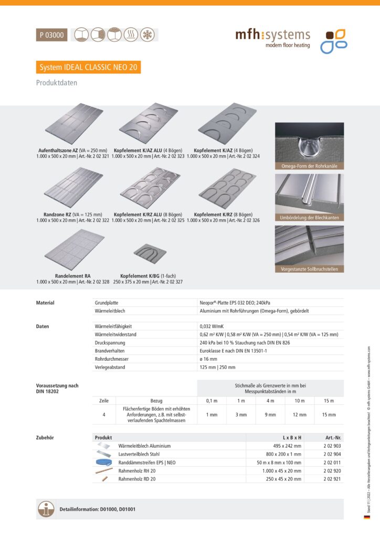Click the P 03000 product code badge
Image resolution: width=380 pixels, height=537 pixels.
click(x=51, y=35)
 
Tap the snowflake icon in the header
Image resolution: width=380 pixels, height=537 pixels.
click(x=149, y=35)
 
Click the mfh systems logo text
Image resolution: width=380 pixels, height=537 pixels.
click(x=272, y=36)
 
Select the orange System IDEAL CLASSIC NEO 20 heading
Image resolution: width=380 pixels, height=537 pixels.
click(x=88, y=67)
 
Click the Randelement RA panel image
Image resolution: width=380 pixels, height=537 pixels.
click(x=72, y=249)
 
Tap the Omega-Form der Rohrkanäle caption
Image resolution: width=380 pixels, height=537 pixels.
click(x=309, y=166)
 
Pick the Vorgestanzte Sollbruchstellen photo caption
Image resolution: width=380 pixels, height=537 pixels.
click(x=309, y=269)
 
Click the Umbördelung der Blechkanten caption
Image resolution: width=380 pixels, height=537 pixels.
click(x=309, y=218)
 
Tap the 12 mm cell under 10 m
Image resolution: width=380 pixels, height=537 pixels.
click(x=300, y=415)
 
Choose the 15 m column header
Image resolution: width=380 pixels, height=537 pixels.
click(x=329, y=401)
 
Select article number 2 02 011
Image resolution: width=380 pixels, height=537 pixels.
click(x=333, y=463)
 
